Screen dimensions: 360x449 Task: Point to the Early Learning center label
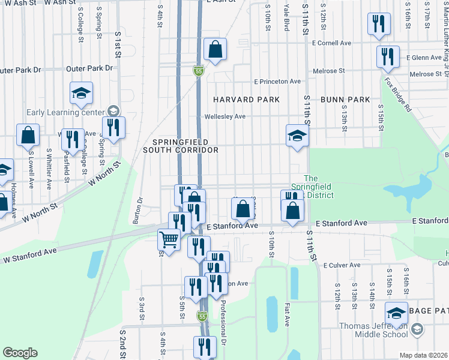(65, 112)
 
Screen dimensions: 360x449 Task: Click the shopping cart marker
(169, 241)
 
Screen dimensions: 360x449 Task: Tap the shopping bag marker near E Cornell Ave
(214, 51)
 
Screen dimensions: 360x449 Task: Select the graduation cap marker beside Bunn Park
(297, 137)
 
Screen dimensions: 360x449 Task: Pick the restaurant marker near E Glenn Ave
(388, 58)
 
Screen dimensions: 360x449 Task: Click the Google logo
(20, 353)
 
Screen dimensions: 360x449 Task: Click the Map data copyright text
(424, 355)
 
